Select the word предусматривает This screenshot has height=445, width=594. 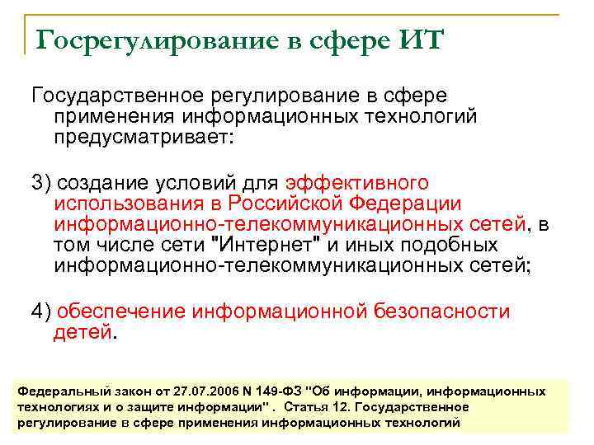click(144, 138)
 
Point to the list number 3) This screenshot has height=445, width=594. click(41, 181)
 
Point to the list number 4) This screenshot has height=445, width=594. click(41, 311)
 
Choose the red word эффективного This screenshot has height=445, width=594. click(356, 181)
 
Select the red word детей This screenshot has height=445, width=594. click(82, 333)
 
